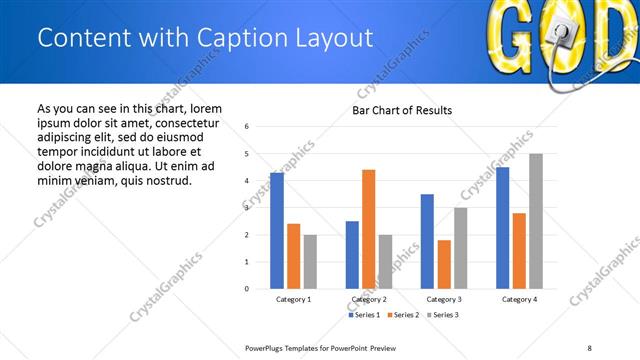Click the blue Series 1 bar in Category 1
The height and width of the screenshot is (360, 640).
click(x=277, y=230)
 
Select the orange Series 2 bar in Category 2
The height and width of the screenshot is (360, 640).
click(x=368, y=229)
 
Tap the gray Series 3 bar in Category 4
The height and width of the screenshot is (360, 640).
click(x=536, y=221)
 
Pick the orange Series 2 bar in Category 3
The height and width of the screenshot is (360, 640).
click(x=444, y=264)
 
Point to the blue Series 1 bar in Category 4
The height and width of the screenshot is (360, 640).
click(x=502, y=227)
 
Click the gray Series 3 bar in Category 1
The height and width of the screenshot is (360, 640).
click(x=310, y=261)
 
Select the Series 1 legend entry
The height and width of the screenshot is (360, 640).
click(x=365, y=315)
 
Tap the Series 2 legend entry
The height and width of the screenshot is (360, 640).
click(x=403, y=315)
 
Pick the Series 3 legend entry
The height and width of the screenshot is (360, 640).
click(x=441, y=315)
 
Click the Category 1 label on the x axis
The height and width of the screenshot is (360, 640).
click(x=293, y=299)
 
